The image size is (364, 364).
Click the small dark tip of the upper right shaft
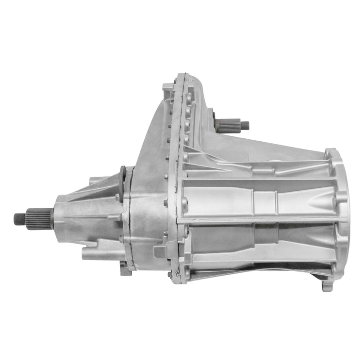click(x=245, y=125)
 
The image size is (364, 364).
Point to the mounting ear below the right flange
click(x=328, y=284)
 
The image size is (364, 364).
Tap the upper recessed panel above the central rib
click(x=257, y=197)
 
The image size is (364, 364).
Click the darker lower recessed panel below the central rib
click(x=257, y=243)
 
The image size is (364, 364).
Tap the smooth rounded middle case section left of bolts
click(x=148, y=194)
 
